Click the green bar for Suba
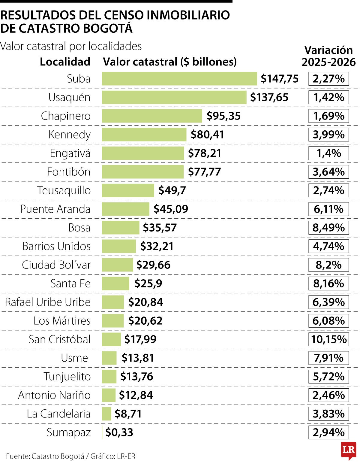click(179, 79)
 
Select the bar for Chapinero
click(152, 116)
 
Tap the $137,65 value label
click(269, 97)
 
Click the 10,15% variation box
click(328, 339)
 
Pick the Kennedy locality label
click(69, 135)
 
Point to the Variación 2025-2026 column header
click(328, 56)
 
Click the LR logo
click(348, 450)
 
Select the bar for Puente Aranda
click(125, 209)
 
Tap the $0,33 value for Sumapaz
click(119, 432)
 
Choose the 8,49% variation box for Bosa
click(328, 228)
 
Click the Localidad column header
click(65, 62)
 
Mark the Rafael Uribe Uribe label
click(48, 302)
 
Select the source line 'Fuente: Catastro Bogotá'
click(45, 456)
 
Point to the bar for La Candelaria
click(106, 414)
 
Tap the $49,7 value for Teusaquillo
click(172, 190)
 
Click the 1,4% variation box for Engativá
click(328, 153)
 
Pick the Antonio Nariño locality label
click(54, 395)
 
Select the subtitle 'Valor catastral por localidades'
click(71, 46)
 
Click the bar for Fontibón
click(142, 172)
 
